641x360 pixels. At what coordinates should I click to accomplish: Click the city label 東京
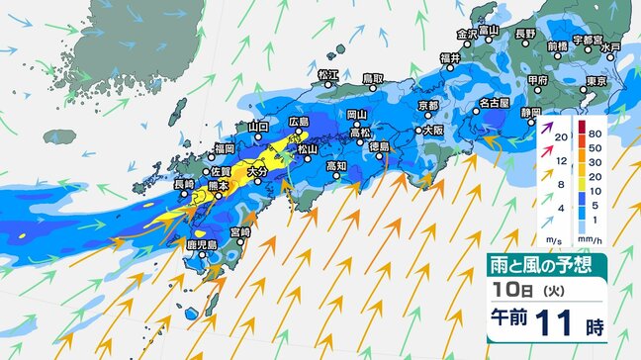click(595, 81)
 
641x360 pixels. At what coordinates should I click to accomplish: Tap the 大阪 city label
click(432, 130)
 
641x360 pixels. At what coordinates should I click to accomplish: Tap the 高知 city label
click(337, 166)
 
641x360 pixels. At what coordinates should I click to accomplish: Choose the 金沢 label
click(466, 33)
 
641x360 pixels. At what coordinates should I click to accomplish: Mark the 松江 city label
click(328, 75)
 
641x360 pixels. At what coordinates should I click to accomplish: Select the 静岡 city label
click(531, 112)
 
